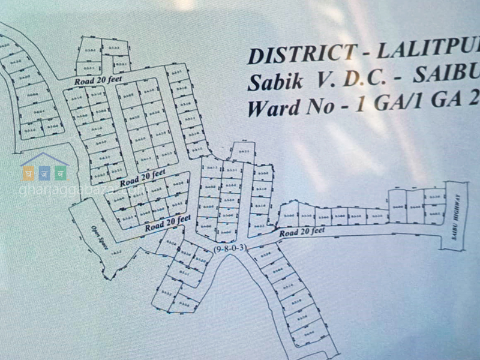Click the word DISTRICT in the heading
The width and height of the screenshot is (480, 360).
point(287,55)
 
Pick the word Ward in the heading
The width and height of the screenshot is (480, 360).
point(273,109)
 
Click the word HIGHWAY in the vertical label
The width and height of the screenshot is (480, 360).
point(457,208)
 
